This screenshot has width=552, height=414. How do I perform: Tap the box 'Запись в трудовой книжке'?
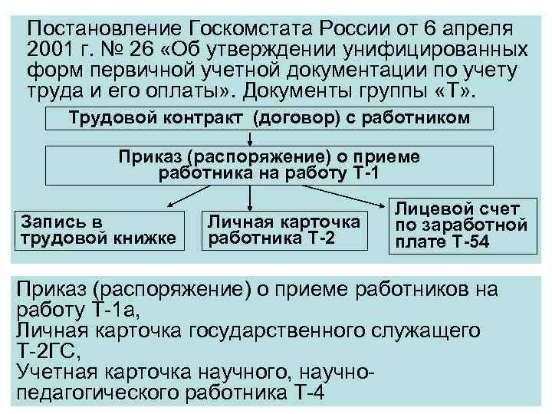click(100, 229)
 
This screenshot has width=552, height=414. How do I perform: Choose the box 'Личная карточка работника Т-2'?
click(284, 229)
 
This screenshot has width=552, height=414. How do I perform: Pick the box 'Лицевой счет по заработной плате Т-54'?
click(459, 225)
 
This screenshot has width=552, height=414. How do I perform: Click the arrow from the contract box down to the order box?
click(251, 138)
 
